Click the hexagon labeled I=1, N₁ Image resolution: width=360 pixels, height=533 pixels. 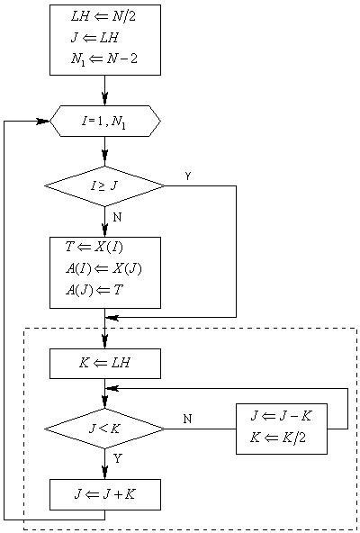pos(104,121)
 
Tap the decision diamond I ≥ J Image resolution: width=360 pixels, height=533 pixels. pos(104,186)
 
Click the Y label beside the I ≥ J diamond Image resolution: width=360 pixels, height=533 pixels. pos(187,176)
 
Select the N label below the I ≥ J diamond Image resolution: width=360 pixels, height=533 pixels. pos(117,217)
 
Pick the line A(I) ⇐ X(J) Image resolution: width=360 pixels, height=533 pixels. pos(103,268)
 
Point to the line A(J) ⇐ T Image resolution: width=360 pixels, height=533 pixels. pos(94,290)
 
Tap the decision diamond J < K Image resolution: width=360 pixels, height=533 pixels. pos(104,429)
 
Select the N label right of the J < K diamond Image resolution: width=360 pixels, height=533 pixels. pos(187,419)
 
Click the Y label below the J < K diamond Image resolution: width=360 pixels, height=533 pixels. pos(117,459)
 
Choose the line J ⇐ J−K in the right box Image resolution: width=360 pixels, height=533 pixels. pos(280,417)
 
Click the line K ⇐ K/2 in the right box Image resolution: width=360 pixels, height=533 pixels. pos(276,438)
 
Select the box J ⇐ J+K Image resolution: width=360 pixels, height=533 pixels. pos(104,494)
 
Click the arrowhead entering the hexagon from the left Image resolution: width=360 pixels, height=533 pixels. pos(42,121)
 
